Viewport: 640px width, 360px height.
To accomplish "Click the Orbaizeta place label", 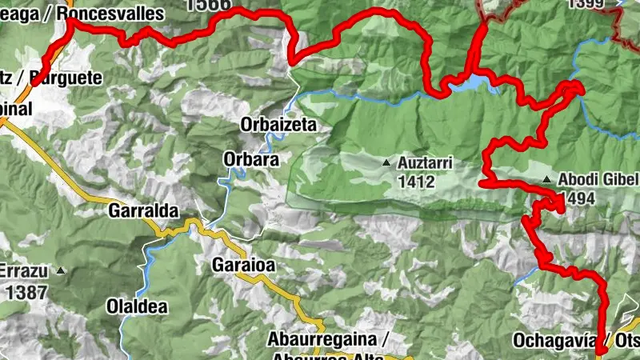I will pyautogui.click(x=278, y=125).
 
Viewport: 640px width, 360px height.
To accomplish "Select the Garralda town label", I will pyautogui.click(x=140, y=213).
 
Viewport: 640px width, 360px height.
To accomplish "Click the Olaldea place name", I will pyautogui.click(x=135, y=306).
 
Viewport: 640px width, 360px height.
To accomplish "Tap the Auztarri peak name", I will pyautogui.click(x=425, y=163).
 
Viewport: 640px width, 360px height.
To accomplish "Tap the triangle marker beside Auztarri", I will pyautogui.click(x=387, y=163).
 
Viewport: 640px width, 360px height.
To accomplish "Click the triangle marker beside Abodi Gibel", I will pyautogui.click(x=546, y=179).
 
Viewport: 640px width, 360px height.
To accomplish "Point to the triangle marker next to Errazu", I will pyautogui.click(x=60, y=271).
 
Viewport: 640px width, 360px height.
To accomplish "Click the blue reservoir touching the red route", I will pyautogui.click(x=470, y=82).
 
